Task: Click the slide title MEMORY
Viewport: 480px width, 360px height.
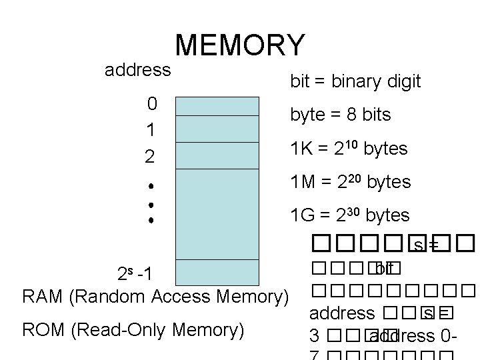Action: pos(240,45)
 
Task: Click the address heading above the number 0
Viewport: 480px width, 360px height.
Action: pos(138,69)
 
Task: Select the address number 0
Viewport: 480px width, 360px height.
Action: pos(152,103)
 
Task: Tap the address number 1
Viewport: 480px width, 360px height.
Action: pos(152,130)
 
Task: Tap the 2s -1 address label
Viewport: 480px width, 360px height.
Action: pos(134,274)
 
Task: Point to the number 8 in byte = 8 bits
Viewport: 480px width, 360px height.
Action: pos(349,115)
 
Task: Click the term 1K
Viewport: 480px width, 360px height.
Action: pos(301,149)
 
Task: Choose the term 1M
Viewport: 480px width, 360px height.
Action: pos(302,182)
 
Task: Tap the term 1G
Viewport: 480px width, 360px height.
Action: pos(302,215)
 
